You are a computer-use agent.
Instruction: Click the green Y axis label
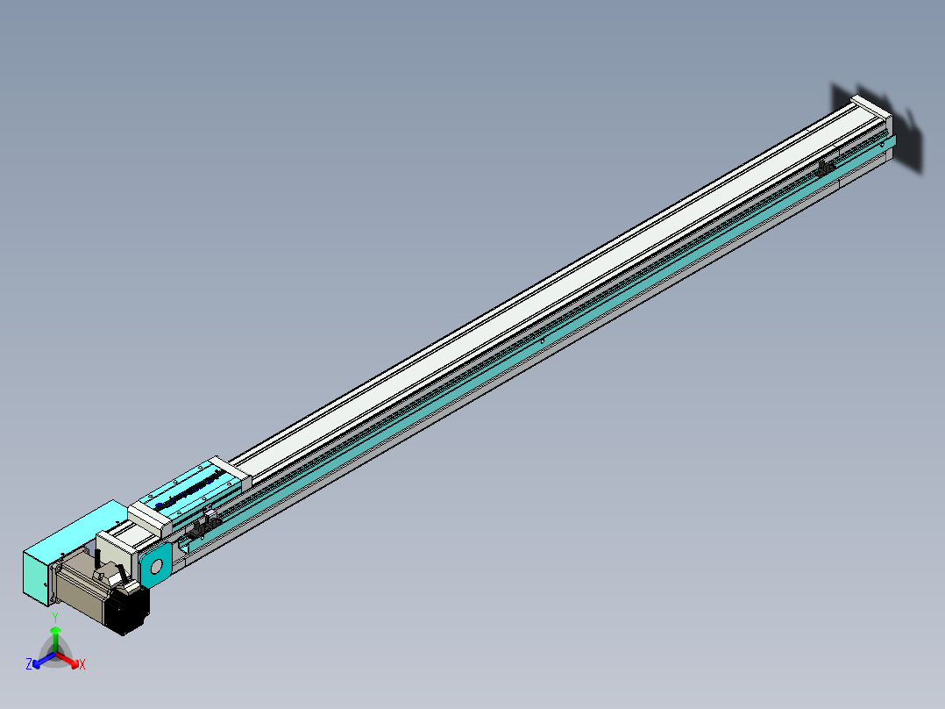[55, 618]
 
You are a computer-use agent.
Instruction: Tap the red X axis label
[82, 664]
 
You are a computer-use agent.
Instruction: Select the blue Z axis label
[29, 664]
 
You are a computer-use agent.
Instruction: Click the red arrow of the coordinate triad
[70, 660]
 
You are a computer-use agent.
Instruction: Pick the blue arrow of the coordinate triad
[41, 660]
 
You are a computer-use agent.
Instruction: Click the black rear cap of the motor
[131, 609]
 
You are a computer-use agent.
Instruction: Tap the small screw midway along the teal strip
[543, 340]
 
